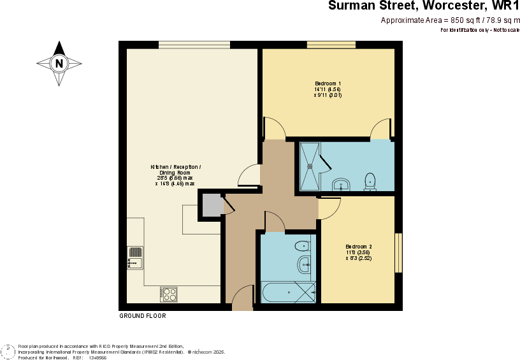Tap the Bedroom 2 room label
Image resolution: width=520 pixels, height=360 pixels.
pos(358,252)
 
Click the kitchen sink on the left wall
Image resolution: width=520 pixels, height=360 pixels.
pos(135,257)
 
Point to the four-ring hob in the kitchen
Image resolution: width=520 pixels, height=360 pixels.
pos(169,294)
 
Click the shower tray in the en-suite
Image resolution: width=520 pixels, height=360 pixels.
pos(311,166)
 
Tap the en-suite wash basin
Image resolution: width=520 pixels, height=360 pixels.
pos(342,185)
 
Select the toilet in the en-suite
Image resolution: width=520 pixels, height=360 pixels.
pos(370,182)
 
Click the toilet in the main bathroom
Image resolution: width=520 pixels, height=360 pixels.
pos(303,246)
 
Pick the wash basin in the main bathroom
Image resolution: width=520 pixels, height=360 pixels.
pos(304,264)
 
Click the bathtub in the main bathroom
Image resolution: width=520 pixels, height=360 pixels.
pos(288,292)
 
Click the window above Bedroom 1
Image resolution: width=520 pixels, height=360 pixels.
pos(331,45)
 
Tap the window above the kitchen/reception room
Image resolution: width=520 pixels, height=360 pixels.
pos(194,45)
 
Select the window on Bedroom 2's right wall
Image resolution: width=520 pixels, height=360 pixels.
pos(398,252)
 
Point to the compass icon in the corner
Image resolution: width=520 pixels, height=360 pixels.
pos(8,352)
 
